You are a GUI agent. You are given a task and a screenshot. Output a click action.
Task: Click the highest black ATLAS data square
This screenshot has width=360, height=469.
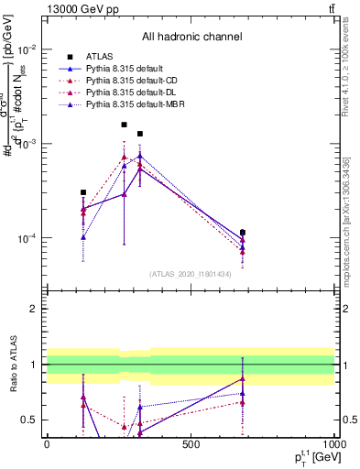tap(124, 125)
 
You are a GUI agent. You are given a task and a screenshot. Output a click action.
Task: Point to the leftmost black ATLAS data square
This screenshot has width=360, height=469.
tap(83, 192)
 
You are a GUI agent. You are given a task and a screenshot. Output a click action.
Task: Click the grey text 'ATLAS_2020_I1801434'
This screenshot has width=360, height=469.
tap(191, 274)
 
